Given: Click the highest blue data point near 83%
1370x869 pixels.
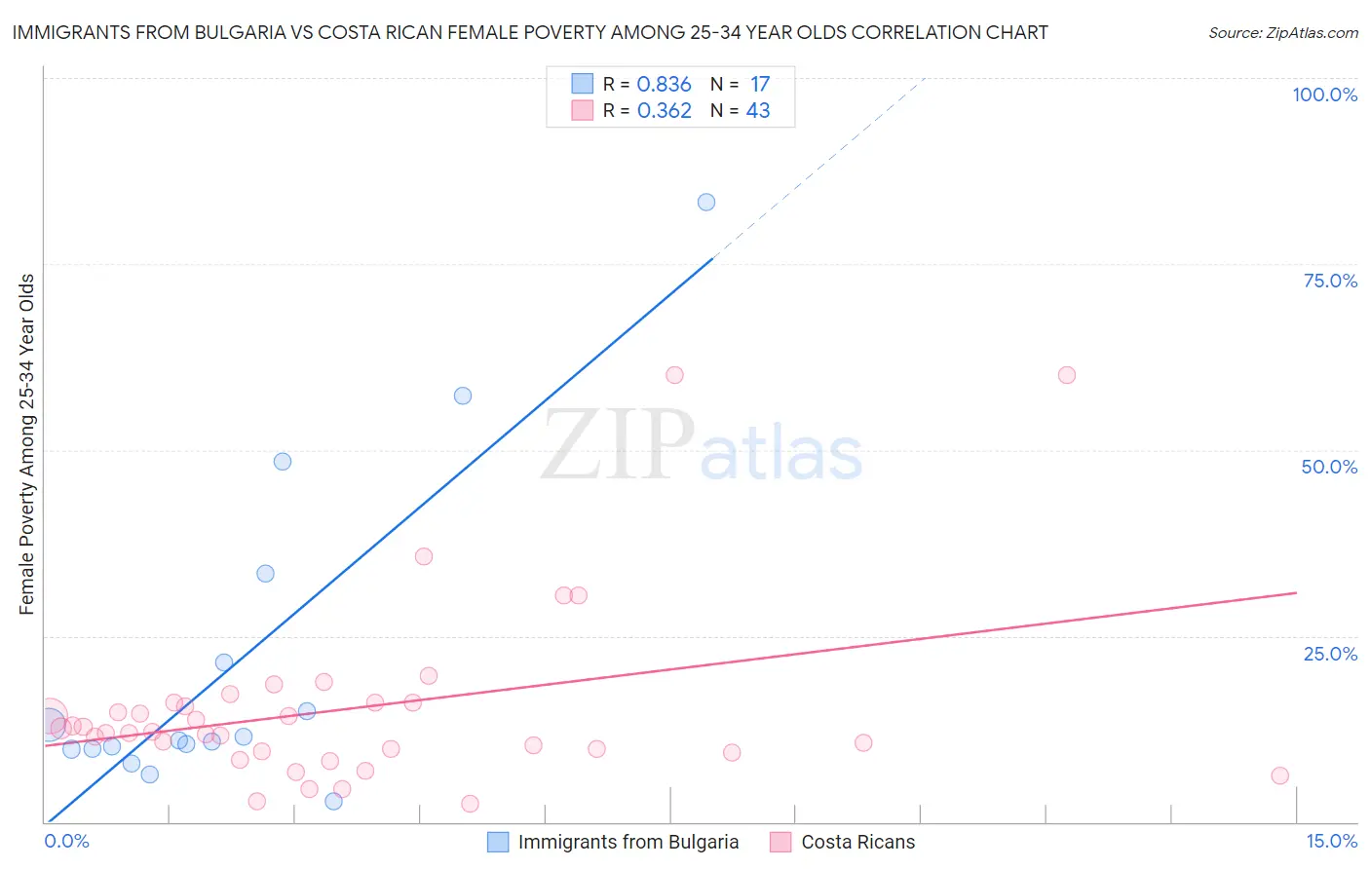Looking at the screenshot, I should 706,203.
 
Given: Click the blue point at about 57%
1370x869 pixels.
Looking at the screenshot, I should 463,396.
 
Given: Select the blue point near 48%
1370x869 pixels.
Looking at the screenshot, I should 283,462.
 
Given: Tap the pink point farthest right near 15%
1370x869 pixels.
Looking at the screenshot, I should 1279,775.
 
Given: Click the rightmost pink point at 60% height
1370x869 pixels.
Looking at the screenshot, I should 1067,375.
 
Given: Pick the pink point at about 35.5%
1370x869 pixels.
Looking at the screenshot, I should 424,556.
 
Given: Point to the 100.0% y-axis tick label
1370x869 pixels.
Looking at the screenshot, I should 1324,94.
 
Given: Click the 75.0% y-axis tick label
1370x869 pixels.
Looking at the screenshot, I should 1330,281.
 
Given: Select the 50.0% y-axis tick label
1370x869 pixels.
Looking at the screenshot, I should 1329,467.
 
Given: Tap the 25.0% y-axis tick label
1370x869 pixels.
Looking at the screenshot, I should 1330,654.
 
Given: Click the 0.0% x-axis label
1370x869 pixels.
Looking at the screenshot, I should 66,841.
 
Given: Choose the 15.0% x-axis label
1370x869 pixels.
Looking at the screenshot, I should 1331,841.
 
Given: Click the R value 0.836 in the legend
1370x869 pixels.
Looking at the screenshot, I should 664,85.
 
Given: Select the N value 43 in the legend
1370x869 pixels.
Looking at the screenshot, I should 758,111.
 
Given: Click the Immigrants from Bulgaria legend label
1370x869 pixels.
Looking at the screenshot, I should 628,842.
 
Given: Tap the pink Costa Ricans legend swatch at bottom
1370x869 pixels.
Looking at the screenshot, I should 780,842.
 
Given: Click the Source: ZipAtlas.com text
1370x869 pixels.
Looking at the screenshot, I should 1282,33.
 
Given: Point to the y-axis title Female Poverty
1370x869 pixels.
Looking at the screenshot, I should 27,444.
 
